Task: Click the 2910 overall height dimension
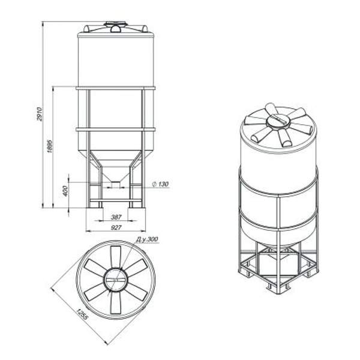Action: click(x=40, y=113)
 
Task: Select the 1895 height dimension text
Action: click(x=50, y=146)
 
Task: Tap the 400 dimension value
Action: click(x=65, y=191)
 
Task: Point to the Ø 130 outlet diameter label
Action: click(x=160, y=184)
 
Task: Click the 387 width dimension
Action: click(x=116, y=217)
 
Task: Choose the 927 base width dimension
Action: click(x=116, y=227)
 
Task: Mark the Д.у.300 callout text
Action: click(x=147, y=239)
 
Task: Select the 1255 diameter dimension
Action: click(x=82, y=314)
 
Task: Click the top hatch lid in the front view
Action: click(x=116, y=23)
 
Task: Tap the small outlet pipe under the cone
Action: click(x=116, y=185)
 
